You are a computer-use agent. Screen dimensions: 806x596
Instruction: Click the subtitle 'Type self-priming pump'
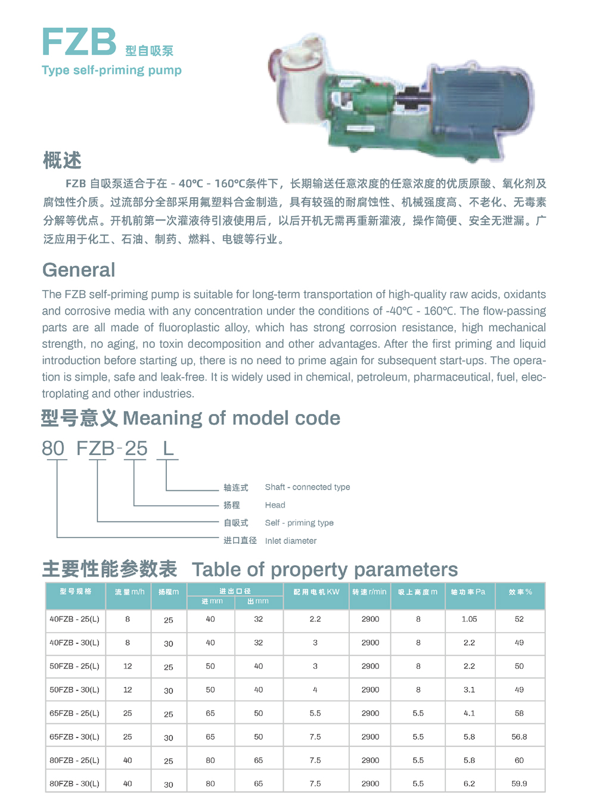pyautogui.click(x=111, y=70)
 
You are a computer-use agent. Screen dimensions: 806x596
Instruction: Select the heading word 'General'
pyautogui.click(x=79, y=270)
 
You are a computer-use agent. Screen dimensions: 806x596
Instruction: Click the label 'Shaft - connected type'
pyautogui.click(x=308, y=487)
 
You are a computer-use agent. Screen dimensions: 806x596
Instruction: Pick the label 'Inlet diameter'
pyautogui.click(x=291, y=541)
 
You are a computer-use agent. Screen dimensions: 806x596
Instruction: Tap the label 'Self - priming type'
pyautogui.click(x=299, y=523)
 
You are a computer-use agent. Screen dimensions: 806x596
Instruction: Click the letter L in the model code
pyautogui.click(x=168, y=448)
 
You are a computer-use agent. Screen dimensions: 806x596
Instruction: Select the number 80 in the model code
pyautogui.click(x=53, y=448)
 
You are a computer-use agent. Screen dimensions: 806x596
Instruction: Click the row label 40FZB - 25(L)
pyautogui.click(x=74, y=620)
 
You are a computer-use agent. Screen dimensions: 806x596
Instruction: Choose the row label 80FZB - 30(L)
pyautogui.click(x=74, y=784)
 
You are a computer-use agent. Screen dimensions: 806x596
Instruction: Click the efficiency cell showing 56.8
pyautogui.click(x=519, y=737)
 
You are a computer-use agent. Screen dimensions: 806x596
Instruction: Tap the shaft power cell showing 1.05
pyautogui.click(x=469, y=620)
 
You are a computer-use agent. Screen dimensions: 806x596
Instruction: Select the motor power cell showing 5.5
pyautogui.click(x=315, y=714)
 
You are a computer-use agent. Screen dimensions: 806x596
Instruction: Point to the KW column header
pyautogui.click(x=316, y=592)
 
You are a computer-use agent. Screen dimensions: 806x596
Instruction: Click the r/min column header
pyautogui.click(x=370, y=592)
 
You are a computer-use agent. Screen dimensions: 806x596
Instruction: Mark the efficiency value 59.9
pyautogui.click(x=519, y=784)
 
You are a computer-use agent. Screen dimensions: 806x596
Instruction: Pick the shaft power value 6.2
pyautogui.click(x=469, y=784)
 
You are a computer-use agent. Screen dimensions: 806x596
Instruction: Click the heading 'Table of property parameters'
pyautogui.click(x=325, y=570)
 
